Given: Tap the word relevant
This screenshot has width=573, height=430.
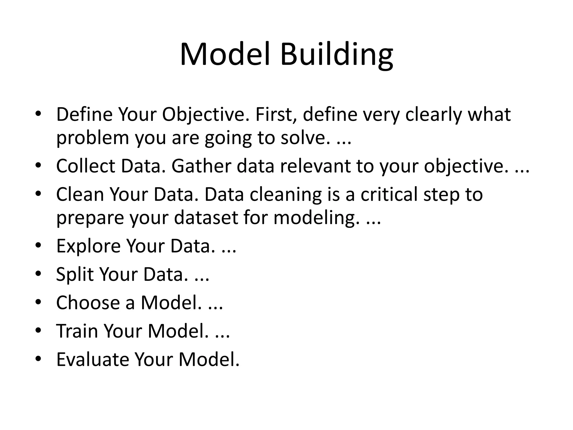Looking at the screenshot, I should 315,166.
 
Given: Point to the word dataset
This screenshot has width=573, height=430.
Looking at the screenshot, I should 206,218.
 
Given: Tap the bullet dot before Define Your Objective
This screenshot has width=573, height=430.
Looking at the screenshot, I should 38,113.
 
